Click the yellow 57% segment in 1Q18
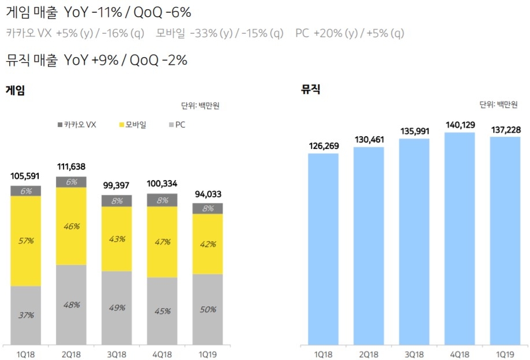point(25,241)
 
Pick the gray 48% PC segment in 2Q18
point(71,305)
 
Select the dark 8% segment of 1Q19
point(208,208)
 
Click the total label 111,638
point(72,167)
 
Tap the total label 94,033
point(208,194)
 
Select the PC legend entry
point(178,125)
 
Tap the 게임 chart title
point(15,89)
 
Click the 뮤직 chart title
point(310,89)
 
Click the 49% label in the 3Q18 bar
point(116,308)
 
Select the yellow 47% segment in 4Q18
point(162,242)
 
